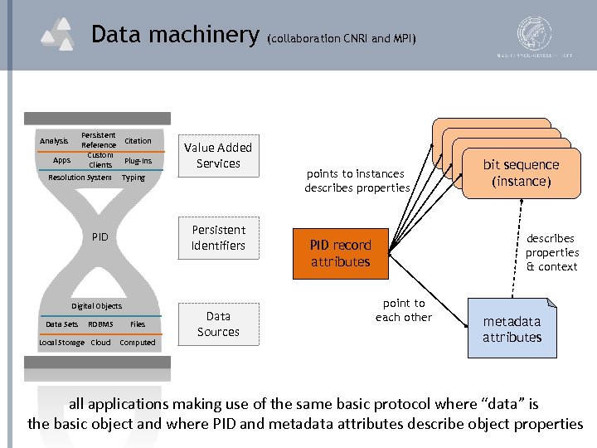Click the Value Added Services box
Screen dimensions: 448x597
218,155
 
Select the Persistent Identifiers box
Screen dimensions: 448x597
218,237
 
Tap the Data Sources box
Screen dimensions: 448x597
218,324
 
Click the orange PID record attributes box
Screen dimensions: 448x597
340,253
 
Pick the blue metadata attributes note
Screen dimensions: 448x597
512,329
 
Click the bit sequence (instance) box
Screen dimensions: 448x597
520,173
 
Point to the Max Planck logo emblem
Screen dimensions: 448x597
534,33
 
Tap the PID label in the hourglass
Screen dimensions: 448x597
99,237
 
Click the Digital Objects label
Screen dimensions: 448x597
96,306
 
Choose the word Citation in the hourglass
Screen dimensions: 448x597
138,141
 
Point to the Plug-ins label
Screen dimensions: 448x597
138,160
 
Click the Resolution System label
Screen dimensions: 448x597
80,178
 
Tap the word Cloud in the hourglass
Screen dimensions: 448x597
100,342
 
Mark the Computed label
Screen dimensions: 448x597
138,342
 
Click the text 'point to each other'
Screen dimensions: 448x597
403,310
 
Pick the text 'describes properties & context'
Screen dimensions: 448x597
551,252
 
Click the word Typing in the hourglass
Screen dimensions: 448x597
133,178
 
